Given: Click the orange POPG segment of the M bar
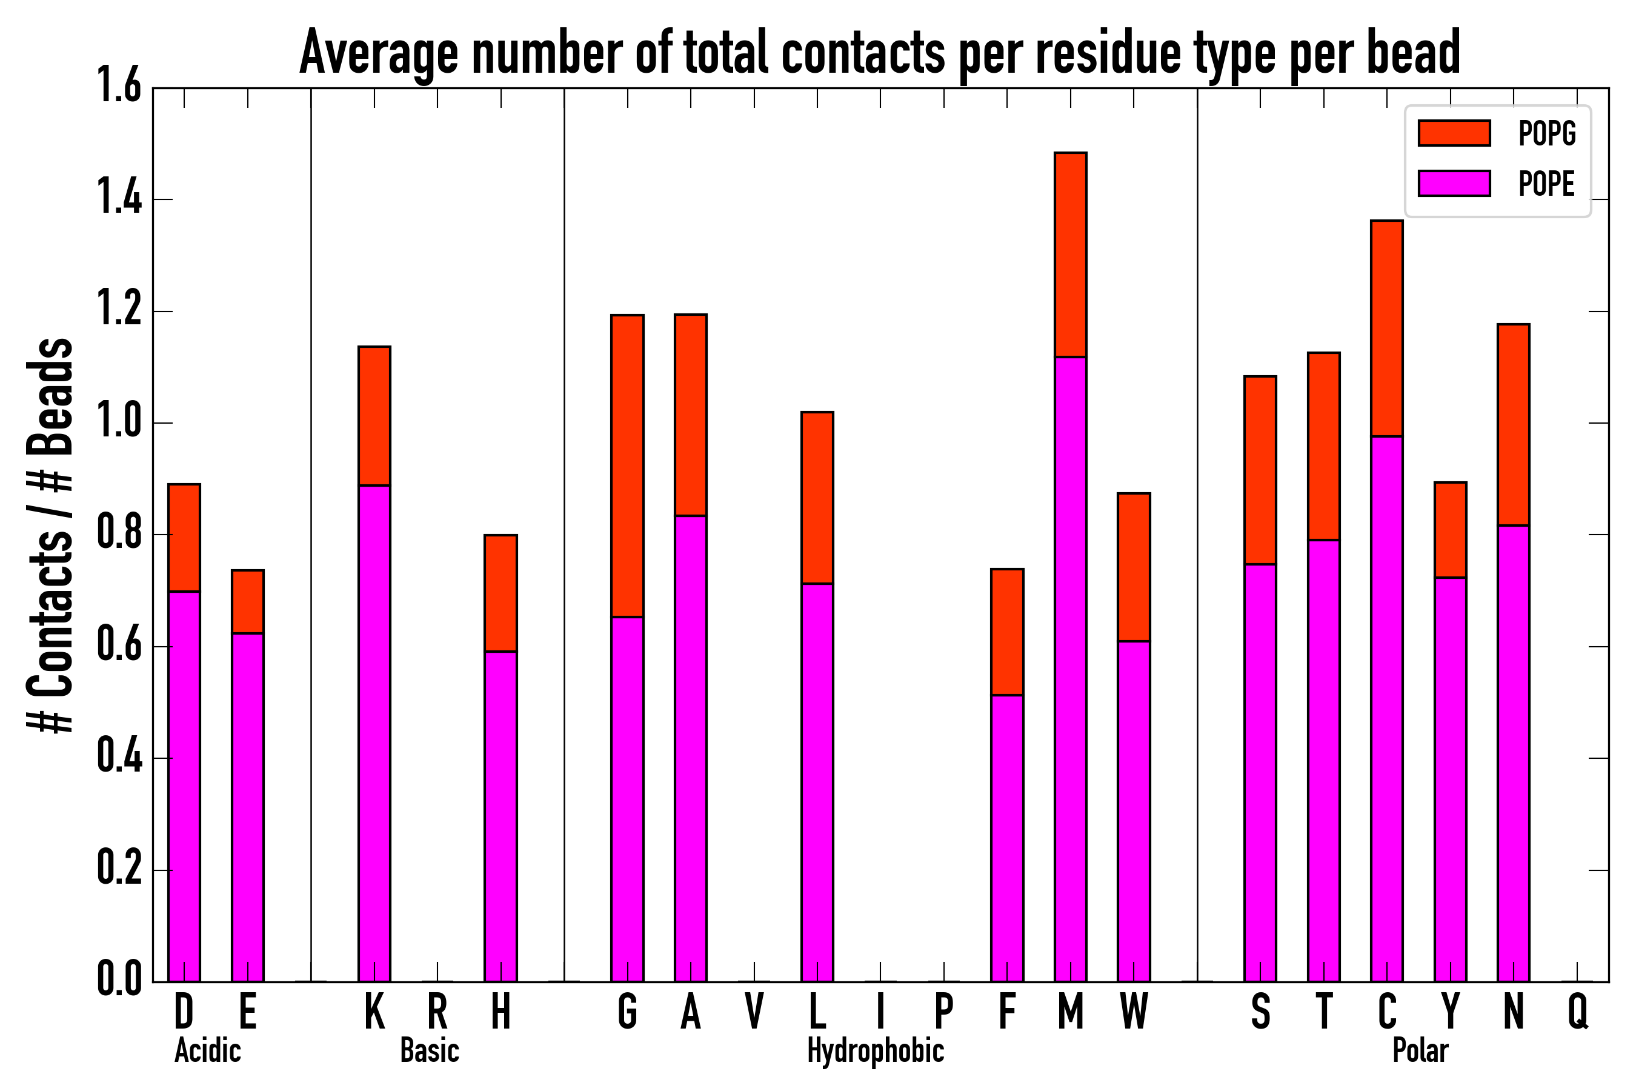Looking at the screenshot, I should (x=1070, y=255).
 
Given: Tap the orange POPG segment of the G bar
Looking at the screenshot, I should (x=627, y=465).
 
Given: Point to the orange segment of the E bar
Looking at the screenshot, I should (x=248, y=601).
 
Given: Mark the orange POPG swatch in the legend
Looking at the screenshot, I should (x=1454, y=133).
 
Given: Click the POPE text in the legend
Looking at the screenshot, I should (x=1546, y=184).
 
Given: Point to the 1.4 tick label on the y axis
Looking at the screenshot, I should (x=119, y=199).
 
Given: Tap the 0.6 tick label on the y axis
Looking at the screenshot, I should (x=119, y=646).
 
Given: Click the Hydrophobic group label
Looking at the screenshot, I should (x=875, y=1050).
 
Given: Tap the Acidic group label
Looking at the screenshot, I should (x=207, y=1050).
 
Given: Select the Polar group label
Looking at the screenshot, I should (x=1420, y=1050).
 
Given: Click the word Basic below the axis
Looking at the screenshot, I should (x=429, y=1050).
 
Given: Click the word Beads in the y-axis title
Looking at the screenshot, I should (x=50, y=396).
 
